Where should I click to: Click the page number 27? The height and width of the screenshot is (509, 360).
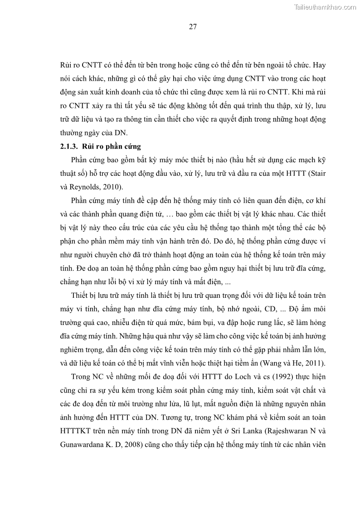pyautogui.click(x=192, y=27)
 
